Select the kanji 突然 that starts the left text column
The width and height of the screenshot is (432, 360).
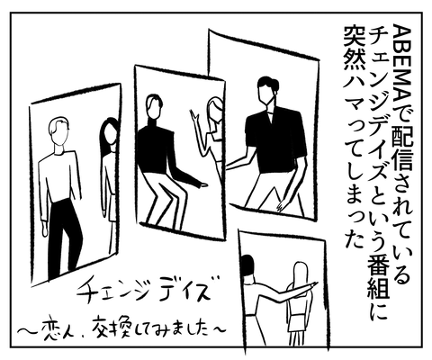coord(354,46)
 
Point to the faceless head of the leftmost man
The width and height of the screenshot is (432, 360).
coord(58,130)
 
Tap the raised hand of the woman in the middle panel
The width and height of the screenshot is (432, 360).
coord(193,116)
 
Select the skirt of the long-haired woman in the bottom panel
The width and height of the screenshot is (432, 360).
coord(298,321)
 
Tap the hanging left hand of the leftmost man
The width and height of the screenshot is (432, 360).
coord(44,229)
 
